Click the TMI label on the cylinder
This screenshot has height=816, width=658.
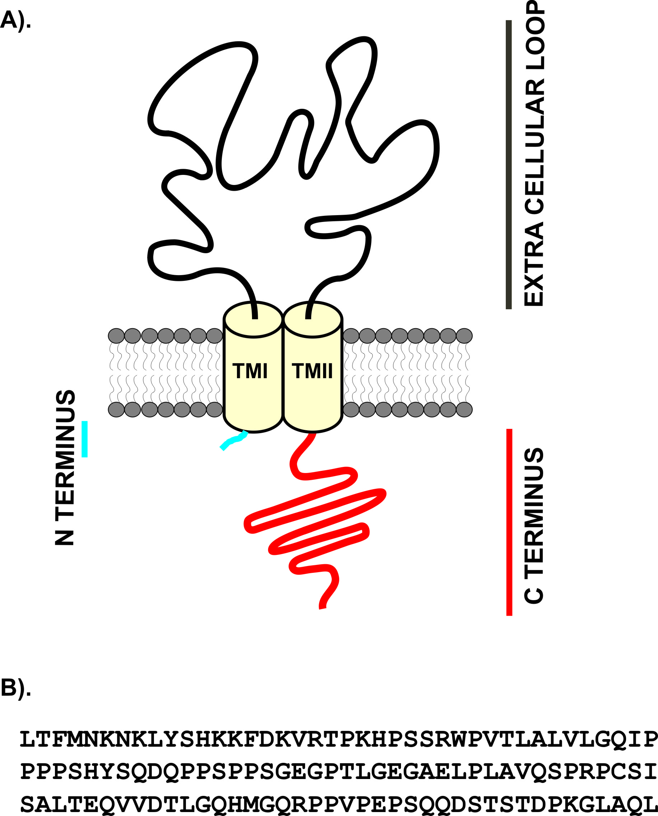pos(250,371)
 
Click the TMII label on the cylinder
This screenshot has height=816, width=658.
pos(312,371)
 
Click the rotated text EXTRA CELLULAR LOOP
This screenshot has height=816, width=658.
pos(534,153)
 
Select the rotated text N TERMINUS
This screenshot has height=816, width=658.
pos(65,468)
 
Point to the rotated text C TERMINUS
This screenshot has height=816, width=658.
pos(534,525)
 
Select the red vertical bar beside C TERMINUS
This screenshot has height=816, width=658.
pos(509,522)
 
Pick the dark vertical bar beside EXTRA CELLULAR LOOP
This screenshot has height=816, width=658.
pos(509,164)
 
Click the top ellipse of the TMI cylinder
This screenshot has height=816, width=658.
pos(253,319)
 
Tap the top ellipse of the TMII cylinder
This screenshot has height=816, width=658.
pos(313,319)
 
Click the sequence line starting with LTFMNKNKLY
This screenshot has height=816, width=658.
pos(339,740)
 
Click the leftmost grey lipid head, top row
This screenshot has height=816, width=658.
pos(116,336)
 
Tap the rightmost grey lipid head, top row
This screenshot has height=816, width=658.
pos(464,336)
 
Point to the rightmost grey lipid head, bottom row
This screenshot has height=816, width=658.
pos(464,409)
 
